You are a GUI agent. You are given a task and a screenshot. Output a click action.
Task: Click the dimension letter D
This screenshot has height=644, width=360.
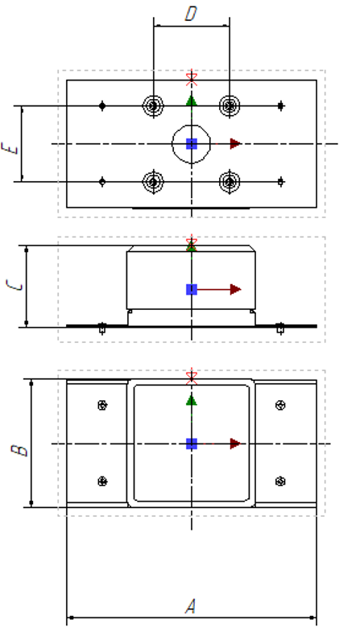click(191, 14)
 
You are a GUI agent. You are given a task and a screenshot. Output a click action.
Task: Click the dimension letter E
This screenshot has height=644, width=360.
click(10, 148)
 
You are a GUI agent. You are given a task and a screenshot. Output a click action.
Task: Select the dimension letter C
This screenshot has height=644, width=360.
click(14, 285)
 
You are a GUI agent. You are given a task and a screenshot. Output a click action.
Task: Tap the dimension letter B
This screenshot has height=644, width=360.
click(19, 449)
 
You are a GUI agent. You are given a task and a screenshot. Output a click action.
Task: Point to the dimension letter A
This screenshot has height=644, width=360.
click(190, 606)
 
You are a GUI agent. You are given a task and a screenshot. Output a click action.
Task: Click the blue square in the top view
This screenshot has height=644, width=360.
click(192, 144)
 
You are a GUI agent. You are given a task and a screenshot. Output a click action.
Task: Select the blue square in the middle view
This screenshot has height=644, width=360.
click(192, 290)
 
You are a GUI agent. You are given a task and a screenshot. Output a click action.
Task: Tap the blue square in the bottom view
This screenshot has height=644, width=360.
click(192, 444)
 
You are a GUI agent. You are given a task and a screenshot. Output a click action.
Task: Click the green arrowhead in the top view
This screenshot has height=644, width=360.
click(191, 101)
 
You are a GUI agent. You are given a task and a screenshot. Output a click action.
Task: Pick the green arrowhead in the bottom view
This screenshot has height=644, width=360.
click(191, 400)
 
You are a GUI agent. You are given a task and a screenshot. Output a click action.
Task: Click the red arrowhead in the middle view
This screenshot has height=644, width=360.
click(235, 290)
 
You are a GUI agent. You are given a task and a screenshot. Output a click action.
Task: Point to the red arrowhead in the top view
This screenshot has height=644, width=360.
click(235, 144)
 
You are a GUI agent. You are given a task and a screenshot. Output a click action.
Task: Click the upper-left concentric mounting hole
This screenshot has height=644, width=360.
click(153, 106)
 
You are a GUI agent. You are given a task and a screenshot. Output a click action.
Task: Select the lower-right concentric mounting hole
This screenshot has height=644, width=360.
click(230, 182)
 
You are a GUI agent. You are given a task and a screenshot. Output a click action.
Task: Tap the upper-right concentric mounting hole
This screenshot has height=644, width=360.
click(230, 106)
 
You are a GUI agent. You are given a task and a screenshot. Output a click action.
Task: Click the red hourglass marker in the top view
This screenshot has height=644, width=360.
click(191, 79)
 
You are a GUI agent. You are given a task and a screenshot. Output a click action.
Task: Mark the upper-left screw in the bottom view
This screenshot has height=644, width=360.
click(102, 406)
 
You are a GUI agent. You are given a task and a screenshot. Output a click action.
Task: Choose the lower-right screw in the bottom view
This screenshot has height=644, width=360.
click(280, 481)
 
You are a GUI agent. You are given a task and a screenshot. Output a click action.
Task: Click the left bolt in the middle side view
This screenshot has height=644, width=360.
click(102, 328)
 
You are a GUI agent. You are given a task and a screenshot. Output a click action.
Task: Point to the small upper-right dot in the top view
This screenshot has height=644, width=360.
click(281, 106)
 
